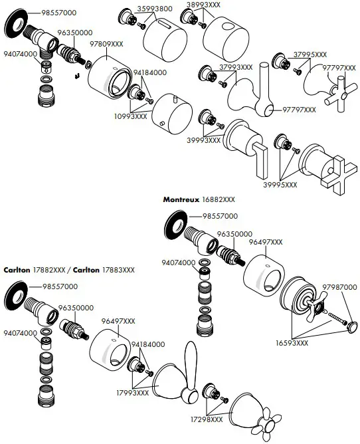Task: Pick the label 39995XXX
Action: (x=280, y=185)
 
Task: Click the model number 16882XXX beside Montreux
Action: (x=219, y=199)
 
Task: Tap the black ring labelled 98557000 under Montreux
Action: (x=174, y=224)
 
